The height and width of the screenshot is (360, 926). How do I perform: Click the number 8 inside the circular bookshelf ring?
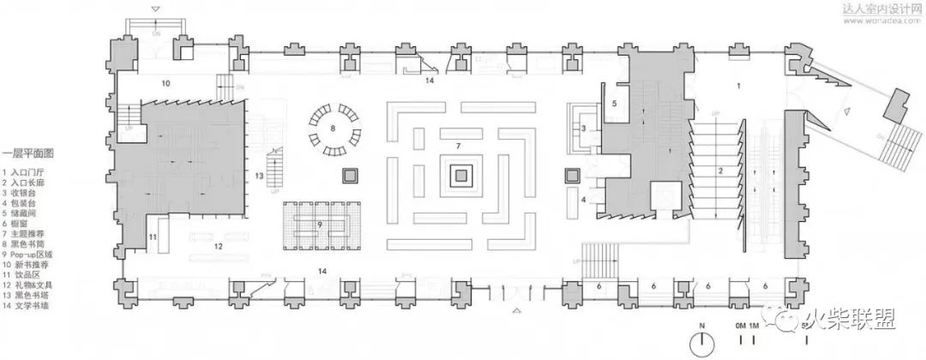tap(334, 129)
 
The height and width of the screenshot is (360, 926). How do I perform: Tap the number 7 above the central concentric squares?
tap(459, 146)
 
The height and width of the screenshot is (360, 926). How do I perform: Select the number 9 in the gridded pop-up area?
tap(319, 225)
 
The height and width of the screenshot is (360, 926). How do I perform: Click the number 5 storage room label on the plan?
tap(614, 102)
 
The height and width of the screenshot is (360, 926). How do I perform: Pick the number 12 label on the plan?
tap(219, 247)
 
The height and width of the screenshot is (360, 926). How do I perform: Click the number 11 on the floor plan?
tap(152, 236)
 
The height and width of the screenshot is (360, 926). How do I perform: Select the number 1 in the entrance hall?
tap(737, 85)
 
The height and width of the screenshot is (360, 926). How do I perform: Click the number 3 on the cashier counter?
tap(583, 129)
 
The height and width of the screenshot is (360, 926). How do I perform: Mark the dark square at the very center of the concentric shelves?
tap(460, 177)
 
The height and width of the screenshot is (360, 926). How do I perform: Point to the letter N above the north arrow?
tap(701, 326)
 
